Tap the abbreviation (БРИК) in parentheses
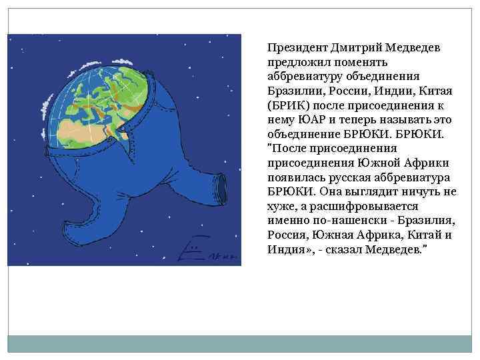tap(287, 105)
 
